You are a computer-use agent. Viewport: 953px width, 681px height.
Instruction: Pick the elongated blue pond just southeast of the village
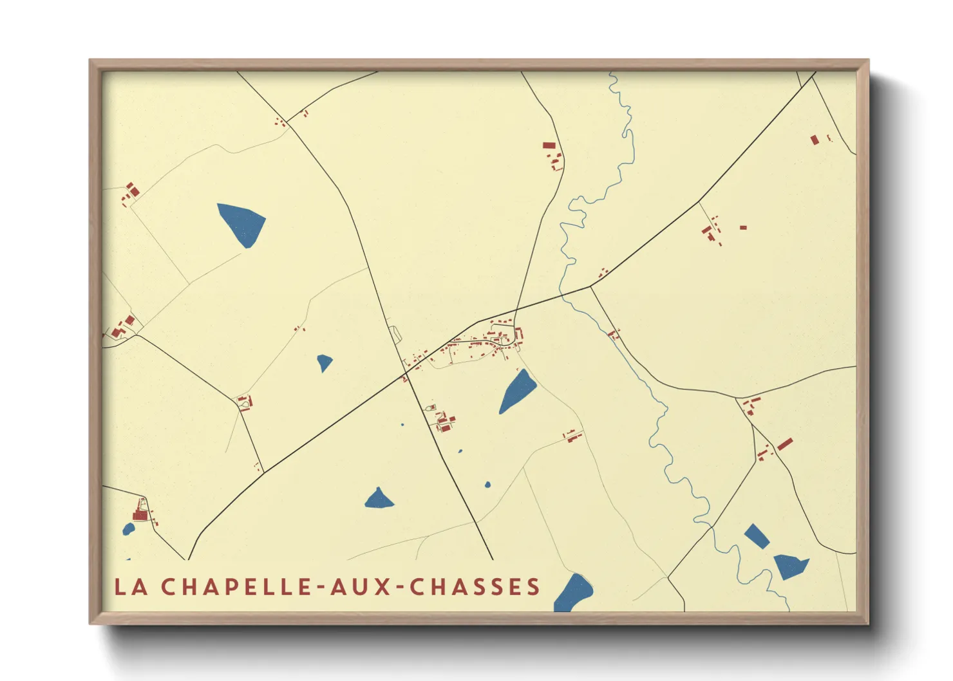click(518, 391)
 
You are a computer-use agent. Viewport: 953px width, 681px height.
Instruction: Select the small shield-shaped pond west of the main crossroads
click(325, 362)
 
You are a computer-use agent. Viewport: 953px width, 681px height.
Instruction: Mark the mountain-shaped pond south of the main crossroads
click(379, 499)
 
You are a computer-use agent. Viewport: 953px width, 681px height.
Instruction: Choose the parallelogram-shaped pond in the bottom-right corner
click(757, 536)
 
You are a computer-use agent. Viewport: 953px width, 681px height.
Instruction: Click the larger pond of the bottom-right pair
click(790, 566)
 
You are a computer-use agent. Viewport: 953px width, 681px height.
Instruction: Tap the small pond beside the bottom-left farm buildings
click(129, 529)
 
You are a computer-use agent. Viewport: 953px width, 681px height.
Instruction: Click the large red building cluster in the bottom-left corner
click(140, 513)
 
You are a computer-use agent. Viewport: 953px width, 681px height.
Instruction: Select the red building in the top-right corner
click(815, 140)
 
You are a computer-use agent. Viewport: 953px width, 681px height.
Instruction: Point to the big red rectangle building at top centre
click(549, 145)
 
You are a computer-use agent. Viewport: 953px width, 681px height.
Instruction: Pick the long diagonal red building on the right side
click(784, 444)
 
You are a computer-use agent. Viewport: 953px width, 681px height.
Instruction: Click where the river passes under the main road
click(563, 294)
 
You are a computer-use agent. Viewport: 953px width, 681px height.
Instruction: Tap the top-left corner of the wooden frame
click(91, 61)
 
